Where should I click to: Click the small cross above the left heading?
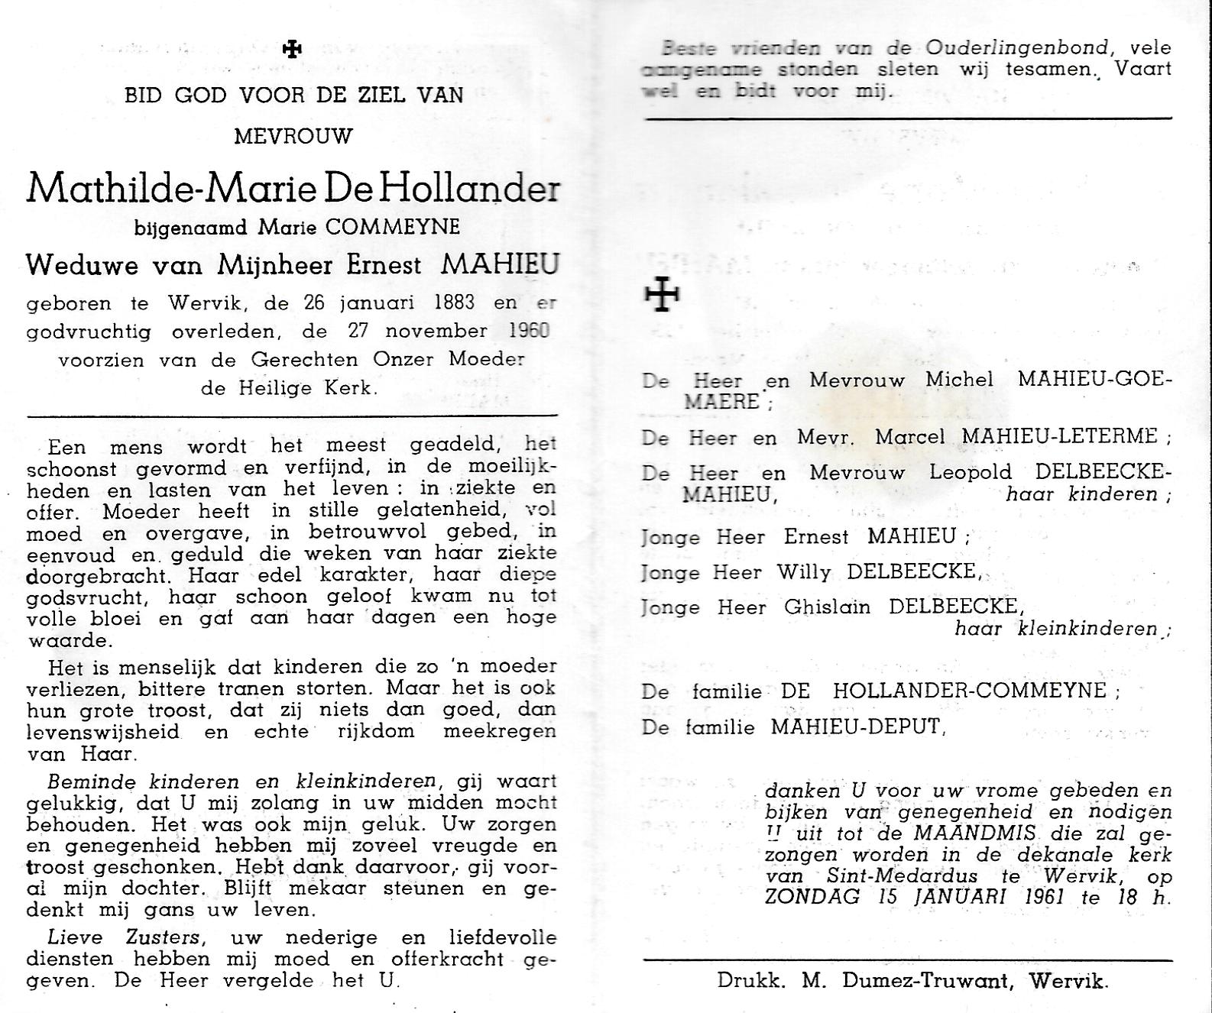[292, 50]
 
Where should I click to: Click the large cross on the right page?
[662, 293]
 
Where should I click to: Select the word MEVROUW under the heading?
[293, 137]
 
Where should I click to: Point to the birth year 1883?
[453, 303]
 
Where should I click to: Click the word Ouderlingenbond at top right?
[1016, 48]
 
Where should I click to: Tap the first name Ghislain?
[827, 607]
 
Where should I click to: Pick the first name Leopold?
[970, 473]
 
